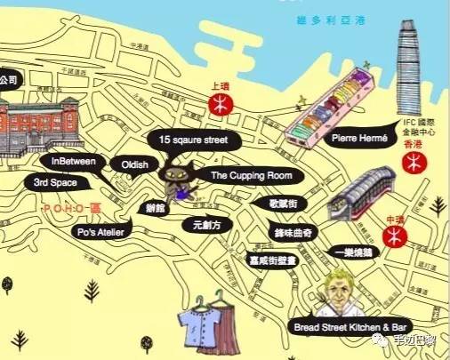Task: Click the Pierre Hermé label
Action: click(x=355, y=139)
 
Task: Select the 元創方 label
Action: click(x=205, y=226)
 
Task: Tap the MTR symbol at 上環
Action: click(x=216, y=105)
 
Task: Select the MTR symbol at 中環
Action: click(x=395, y=236)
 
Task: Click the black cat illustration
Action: click(x=174, y=178)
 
